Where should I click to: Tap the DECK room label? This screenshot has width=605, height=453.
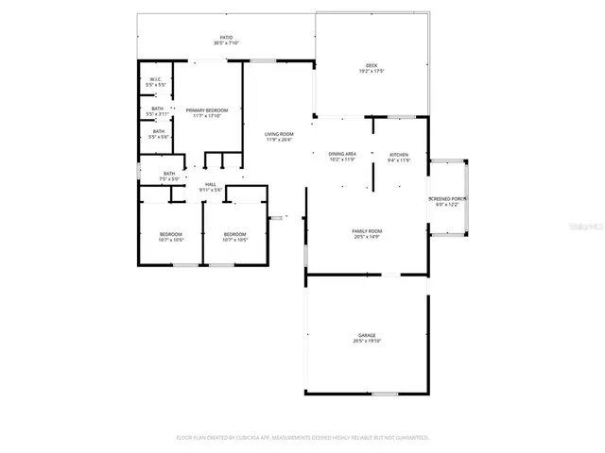pyautogui.click(x=371, y=65)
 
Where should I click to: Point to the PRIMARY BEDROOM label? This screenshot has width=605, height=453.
pyautogui.click(x=206, y=110)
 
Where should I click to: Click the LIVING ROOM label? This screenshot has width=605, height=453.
pyautogui.click(x=278, y=134)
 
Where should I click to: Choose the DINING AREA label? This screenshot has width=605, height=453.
pyautogui.click(x=341, y=154)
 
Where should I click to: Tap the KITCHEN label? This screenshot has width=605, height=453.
pyautogui.click(x=399, y=154)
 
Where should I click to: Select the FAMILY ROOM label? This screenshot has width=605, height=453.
pyautogui.click(x=367, y=231)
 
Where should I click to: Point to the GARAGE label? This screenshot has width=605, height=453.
pyautogui.click(x=367, y=335)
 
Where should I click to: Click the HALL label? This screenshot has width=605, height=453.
pyautogui.click(x=211, y=184)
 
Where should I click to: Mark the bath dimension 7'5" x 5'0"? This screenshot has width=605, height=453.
pyautogui.click(x=169, y=178)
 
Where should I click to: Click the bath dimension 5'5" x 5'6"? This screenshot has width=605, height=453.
pyautogui.click(x=159, y=137)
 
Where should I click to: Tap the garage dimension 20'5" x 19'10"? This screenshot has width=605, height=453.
pyautogui.click(x=367, y=341)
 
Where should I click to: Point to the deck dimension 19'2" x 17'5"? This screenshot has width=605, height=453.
pyautogui.click(x=371, y=71)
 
